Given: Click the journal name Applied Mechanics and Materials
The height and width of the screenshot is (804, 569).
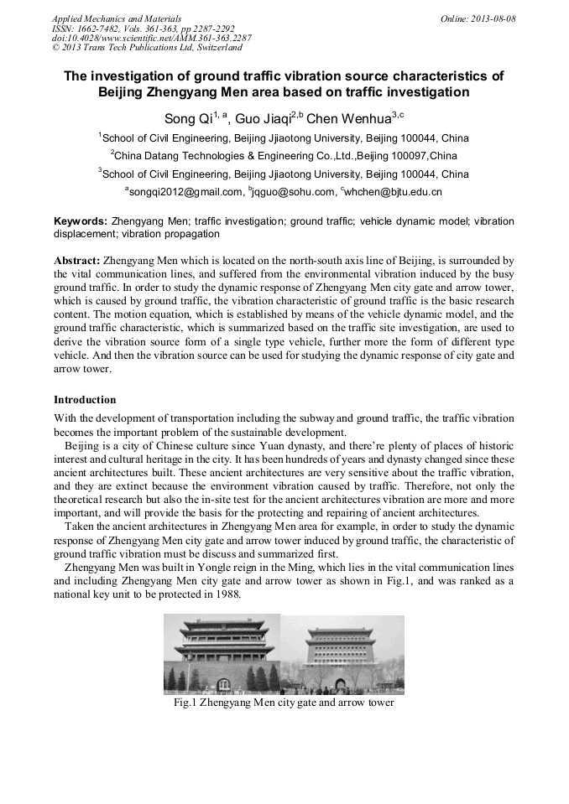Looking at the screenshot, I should click(117, 18).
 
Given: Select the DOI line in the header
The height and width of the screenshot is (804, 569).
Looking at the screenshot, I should click(151, 38).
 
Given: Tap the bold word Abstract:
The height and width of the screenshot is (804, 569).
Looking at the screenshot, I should click(77, 261).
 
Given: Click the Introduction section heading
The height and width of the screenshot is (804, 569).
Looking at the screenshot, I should click(85, 400).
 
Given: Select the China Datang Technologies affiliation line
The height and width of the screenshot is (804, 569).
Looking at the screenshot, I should click(284, 156).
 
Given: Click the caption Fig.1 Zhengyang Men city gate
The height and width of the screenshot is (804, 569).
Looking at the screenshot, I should click(284, 703).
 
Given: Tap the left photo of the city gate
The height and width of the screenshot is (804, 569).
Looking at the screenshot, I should click(222, 654).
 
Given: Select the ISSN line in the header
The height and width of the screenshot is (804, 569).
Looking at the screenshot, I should click(143, 28).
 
